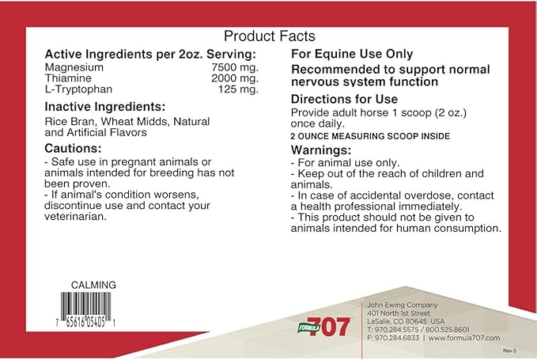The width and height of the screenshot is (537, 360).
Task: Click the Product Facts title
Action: point(269,36)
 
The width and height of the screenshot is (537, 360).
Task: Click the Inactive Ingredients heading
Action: point(104,107)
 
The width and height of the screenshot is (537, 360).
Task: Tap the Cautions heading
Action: point(73,148)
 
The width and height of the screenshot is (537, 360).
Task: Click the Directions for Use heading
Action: point(344,100)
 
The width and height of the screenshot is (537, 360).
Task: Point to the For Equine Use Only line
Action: point(352,54)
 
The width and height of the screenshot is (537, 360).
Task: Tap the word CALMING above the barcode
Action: point(93,285)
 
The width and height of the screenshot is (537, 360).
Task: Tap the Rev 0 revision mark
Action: point(509,350)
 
